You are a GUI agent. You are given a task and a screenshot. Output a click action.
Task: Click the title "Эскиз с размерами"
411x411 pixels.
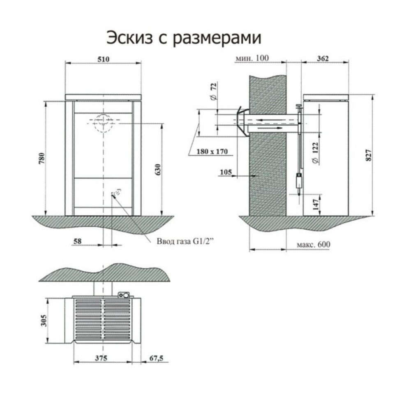184,38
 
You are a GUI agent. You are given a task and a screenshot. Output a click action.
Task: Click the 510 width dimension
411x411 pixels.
103,59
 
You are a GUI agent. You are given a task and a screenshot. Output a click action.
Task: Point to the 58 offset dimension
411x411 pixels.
76,242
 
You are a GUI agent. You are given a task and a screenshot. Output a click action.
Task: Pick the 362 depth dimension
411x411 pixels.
323,58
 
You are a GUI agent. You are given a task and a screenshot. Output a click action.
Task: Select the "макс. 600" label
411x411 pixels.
313,244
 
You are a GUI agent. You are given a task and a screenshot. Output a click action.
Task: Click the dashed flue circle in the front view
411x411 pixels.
102,122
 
